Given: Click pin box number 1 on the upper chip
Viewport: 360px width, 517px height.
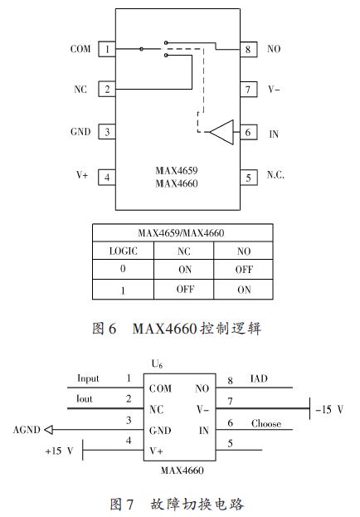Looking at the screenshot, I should point(107,50).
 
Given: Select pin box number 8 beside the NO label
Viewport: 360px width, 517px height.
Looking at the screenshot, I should point(247,50).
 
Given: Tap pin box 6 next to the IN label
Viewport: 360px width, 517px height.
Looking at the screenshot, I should point(247,132).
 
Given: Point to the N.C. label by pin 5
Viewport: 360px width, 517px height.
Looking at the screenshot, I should point(275,177).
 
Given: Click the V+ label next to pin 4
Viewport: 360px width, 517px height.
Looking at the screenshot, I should point(81,176).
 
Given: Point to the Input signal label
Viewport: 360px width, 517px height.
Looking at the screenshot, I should point(88,378).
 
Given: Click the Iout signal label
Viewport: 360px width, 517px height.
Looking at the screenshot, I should point(86,398).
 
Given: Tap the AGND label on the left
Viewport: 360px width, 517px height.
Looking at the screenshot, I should point(27,429).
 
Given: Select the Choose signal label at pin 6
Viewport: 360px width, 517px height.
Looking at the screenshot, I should point(265,424).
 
